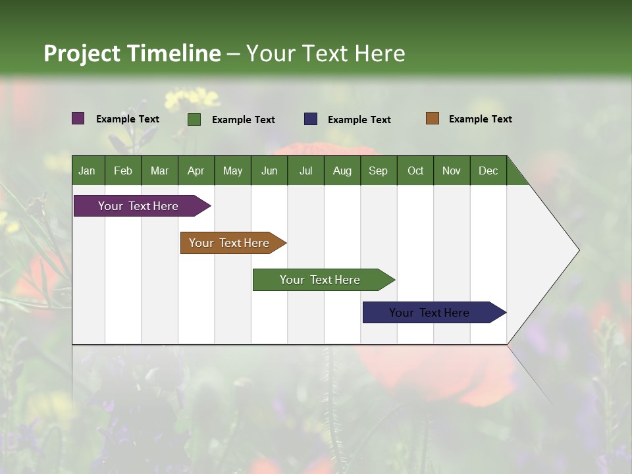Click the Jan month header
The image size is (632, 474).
88,171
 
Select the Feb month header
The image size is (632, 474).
123,171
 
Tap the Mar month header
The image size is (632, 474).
159,171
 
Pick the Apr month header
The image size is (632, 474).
196,171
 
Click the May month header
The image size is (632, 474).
232,171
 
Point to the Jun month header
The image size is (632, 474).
269,171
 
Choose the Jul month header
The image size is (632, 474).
305,171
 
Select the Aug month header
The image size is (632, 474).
342,171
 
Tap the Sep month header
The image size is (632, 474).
379,171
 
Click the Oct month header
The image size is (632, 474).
415,171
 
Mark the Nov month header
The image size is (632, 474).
452,171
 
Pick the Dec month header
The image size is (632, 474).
488,171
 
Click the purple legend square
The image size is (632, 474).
78,118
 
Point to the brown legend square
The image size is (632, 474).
432,118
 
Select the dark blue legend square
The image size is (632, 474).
311,118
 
